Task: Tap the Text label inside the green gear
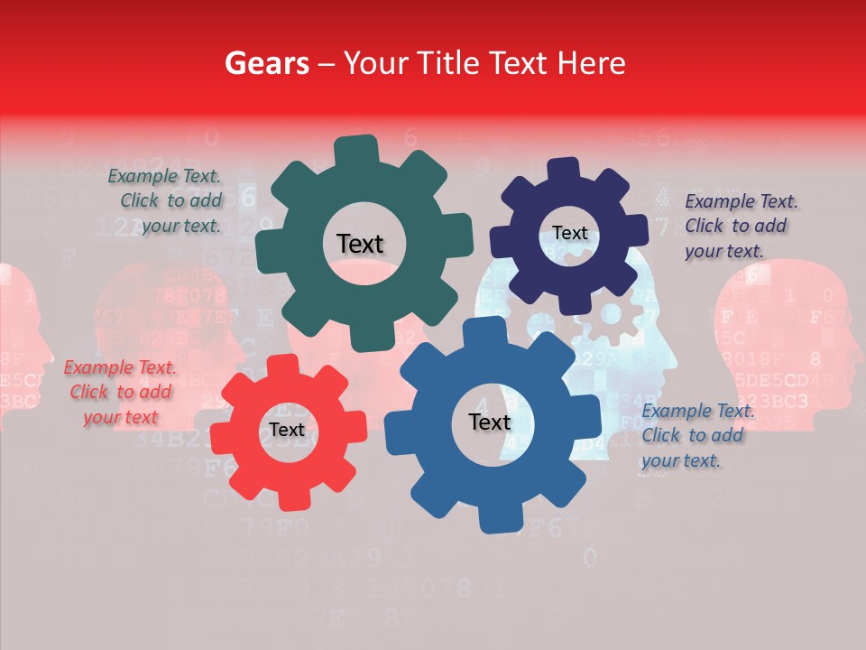point(360,244)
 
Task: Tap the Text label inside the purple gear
point(569,233)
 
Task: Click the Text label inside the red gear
point(287,430)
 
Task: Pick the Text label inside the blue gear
point(490,422)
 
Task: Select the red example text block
point(121,392)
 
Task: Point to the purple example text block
point(740,226)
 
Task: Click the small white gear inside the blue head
point(611,315)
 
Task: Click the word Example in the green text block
point(140,177)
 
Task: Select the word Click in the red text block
point(89,392)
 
